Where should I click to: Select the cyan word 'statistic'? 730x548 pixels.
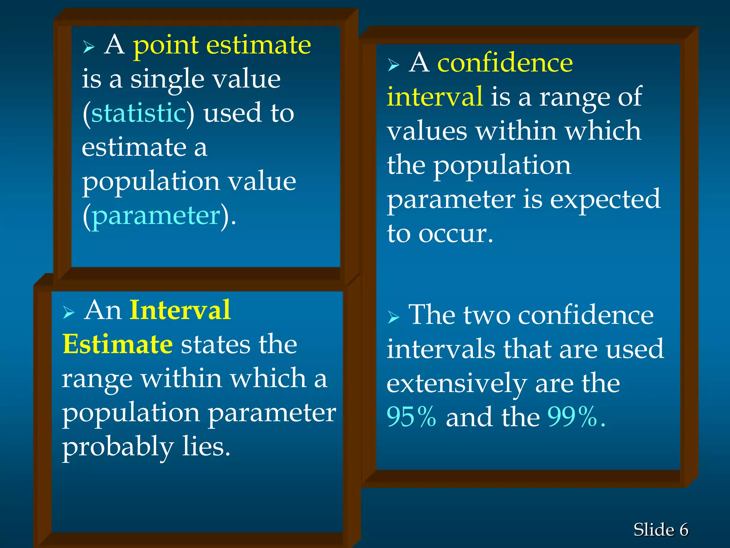pyautogui.click(x=138, y=113)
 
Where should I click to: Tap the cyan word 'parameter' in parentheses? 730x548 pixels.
pyautogui.click(x=156, y=216)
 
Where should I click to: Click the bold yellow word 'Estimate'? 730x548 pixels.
pyautogui.click(x=118, y=344)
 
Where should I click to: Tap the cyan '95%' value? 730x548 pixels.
pyautogui.click(x=411, y=417)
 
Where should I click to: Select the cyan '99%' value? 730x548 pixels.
pyautogui.click(x=572, y=417)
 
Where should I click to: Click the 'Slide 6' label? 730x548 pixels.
pyautogui.click(x=660, y=529)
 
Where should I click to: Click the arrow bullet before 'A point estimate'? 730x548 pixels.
pyautogui.click(x=88, y=47)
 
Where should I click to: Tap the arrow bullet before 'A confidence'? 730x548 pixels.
pyautogui.click(x=393, y=65)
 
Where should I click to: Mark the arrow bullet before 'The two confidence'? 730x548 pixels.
pyautogui.click(x=393, y=317)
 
